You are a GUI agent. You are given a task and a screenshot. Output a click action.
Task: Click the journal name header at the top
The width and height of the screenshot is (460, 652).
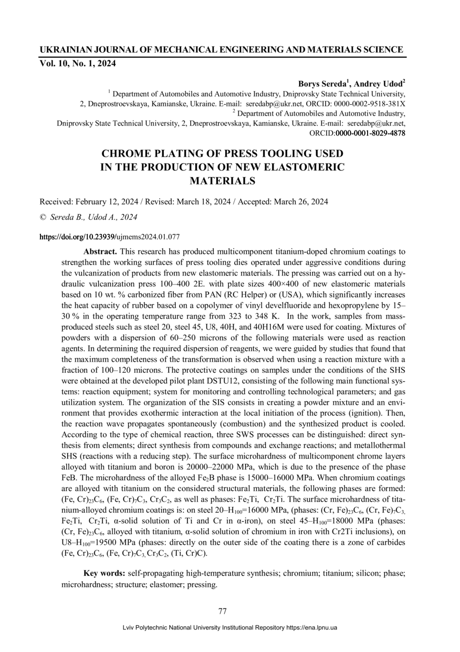[221, 50]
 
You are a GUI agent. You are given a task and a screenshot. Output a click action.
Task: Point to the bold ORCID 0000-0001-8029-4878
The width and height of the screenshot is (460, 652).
[370, 134]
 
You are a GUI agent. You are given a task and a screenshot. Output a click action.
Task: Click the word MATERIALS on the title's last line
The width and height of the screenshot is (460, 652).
[222, 181]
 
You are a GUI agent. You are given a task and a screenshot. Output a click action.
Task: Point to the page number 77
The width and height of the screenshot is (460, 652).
[222, 611]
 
